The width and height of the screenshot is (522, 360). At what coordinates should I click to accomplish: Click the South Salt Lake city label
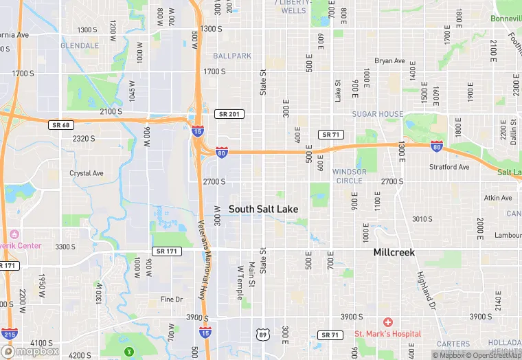[263, 208]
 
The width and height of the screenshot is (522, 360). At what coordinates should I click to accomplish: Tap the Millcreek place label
[394, 252]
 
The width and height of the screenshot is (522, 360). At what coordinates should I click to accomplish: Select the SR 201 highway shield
[229, 113]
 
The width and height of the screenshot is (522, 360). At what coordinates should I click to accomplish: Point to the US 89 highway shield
[263, 335]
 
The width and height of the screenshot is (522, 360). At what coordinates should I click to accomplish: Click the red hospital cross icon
[387, 322]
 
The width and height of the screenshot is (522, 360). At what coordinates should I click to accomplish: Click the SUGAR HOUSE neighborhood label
[377, 114]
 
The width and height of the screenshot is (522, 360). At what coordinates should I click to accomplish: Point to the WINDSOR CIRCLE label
[350, 176]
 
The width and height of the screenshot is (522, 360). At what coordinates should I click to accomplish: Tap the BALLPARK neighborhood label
[232, 56]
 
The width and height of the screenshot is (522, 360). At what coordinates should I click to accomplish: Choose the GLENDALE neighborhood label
[80, 45]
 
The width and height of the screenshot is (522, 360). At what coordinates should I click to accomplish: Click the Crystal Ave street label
[87, 173]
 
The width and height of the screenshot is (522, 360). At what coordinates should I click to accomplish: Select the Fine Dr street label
[172, 300]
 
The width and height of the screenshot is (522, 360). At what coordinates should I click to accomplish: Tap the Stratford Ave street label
[449, 167]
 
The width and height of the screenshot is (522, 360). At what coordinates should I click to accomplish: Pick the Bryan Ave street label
[390, 61]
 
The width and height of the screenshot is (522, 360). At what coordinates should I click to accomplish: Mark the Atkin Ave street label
[498, 198]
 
